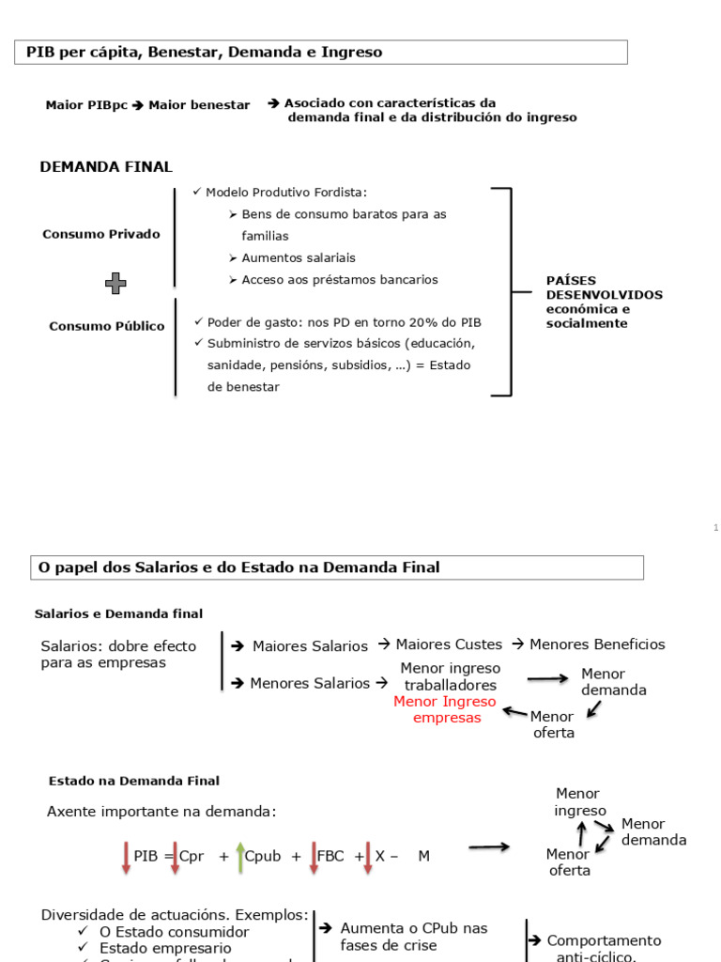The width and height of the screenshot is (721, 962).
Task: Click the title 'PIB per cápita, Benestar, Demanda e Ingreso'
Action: [205, 53]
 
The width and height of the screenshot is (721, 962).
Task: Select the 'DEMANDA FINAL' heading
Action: [106, 167]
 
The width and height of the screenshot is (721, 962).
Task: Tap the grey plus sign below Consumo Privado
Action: [115, 282]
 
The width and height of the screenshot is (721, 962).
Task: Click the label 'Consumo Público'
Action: [107, 326]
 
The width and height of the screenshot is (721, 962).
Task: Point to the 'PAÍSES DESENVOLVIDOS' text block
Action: [604, 302]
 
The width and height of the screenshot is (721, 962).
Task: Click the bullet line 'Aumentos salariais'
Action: [298, 257]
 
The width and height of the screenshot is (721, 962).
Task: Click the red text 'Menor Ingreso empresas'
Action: [444, 709]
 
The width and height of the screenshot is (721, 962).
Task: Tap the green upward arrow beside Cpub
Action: [240, 857]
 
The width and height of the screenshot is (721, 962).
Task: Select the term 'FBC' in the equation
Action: [330, 857]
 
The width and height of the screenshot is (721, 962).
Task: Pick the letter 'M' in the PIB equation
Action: [423, 857]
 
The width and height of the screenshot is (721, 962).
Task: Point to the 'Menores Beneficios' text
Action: [597, 644]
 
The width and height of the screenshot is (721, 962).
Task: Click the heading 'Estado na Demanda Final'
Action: [133, 781]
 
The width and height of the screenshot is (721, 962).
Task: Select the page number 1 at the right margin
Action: [714, 528]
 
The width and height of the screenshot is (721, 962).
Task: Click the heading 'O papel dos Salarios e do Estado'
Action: [237, 567]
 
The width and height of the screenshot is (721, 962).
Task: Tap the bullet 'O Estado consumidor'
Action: [174, 932]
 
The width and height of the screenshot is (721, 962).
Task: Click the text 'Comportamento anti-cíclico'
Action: [604, 948]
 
